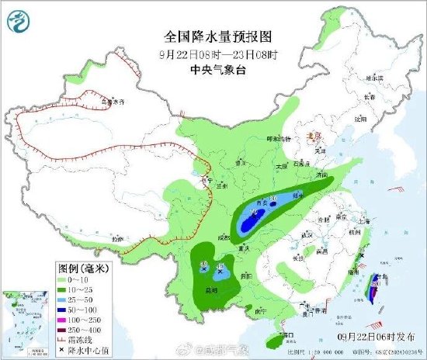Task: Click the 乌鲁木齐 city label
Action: (113, 102)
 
